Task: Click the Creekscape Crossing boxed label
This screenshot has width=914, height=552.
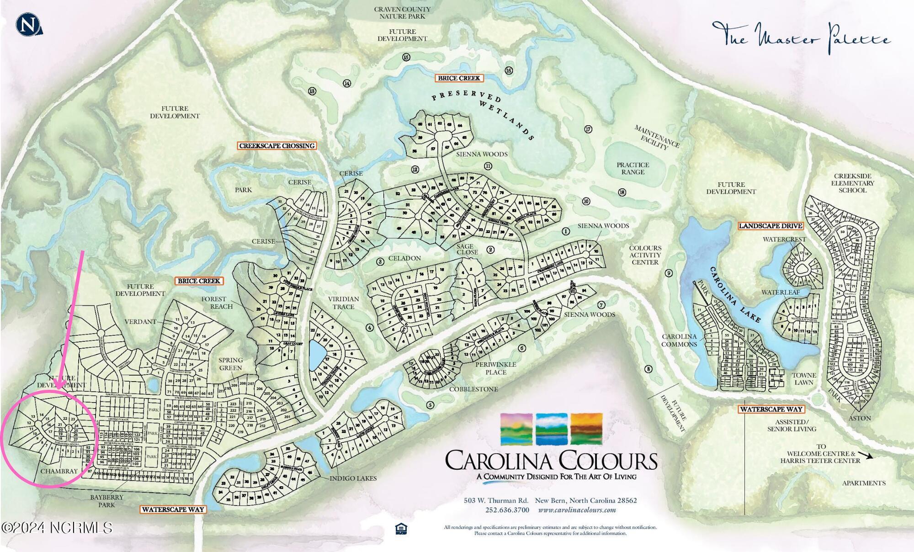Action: pos(277,146)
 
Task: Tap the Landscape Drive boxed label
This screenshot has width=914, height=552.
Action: pos(771,226)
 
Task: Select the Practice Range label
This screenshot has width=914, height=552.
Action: pos(632,168)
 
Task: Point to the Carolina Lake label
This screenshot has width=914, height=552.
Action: pos(735,295)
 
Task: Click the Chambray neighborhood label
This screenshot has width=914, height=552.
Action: pos(59,471)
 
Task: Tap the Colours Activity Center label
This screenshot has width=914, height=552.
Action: pos(645,255)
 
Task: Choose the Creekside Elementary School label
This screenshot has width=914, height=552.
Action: pos(852,183)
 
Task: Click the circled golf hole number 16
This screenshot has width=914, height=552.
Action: pos(509,70)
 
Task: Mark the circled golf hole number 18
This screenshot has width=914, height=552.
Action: pos(622,192)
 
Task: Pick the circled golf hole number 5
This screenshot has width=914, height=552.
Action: pos(430,405)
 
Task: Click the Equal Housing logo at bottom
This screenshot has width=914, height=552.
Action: pos(401,529)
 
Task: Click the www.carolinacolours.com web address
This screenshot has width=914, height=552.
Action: pos(577,510)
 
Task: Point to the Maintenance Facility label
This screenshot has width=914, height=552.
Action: pos(656,137)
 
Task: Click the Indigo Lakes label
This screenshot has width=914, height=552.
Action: pos(353,478)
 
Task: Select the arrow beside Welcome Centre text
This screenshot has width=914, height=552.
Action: pos(865,455)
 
